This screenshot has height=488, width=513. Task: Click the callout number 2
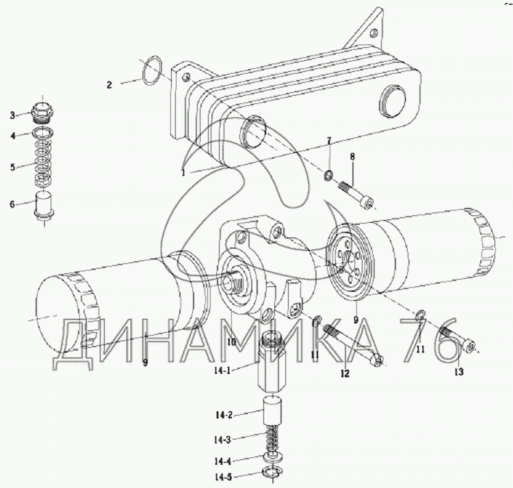pos(109,85)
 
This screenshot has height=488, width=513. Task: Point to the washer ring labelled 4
pos(43,133)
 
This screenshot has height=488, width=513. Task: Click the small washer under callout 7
pos(328,176)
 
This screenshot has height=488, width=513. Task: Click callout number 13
pos(459,372)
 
